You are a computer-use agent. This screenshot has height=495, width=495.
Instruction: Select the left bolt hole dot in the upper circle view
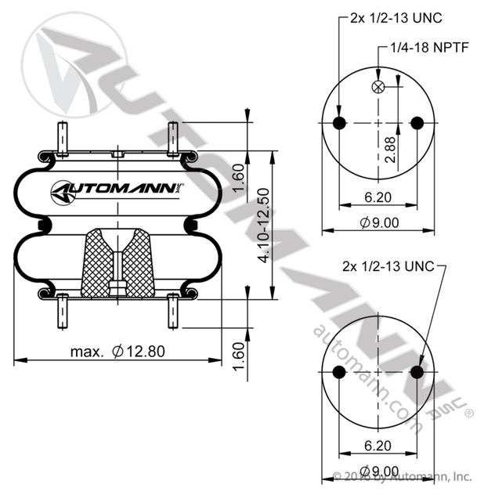click(x=339, y=123)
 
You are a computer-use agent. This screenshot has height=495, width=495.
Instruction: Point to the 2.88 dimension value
click(x=390, y=148)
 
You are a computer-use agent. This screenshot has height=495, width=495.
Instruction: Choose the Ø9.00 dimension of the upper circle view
click(x=379, y=222)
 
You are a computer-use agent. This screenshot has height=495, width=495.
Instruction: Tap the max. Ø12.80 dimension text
click(x=116, y=352)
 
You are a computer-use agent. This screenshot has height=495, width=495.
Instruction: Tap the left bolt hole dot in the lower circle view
click(x=339, y=372)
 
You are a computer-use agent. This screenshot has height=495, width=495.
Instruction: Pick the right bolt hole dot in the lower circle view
click(x=417, y=372)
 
